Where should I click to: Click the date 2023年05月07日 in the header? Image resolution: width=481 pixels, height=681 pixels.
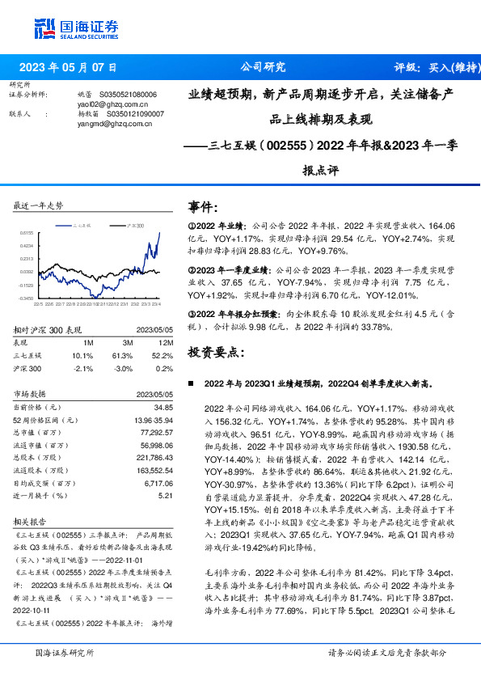pos(66,67)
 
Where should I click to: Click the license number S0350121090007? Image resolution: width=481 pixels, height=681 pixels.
pos(131,114)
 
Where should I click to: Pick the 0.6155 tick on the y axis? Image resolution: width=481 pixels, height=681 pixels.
pos(27,232)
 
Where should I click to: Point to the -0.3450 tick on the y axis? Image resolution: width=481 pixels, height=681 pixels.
pos(27,298)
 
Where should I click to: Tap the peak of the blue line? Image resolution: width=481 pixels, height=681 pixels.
pos(159,232)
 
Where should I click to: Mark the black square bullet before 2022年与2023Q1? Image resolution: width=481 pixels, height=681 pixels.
pos(191,384)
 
